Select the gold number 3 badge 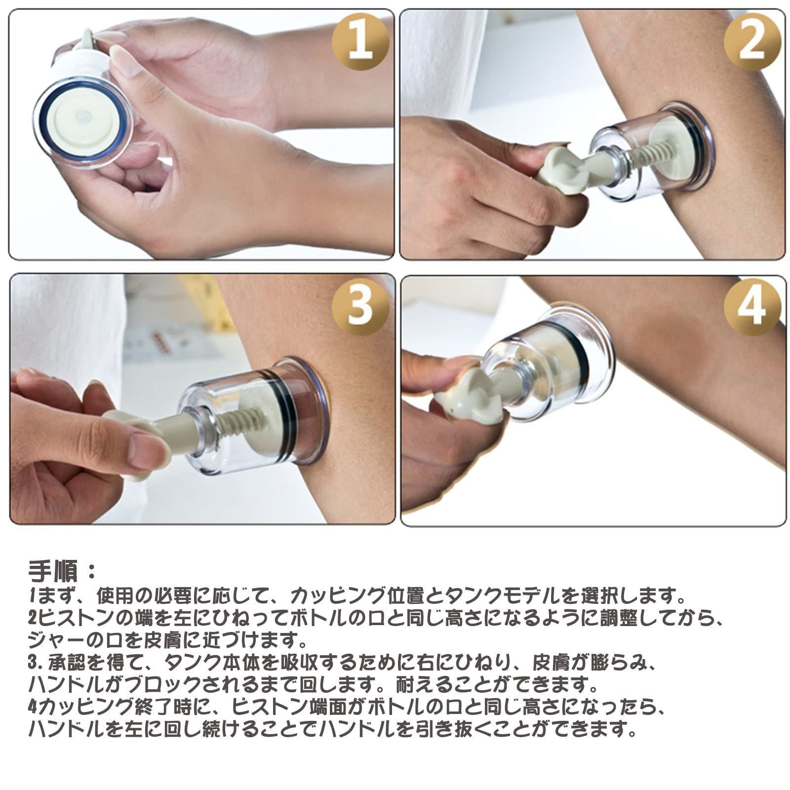360,306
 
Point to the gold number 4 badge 752,306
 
